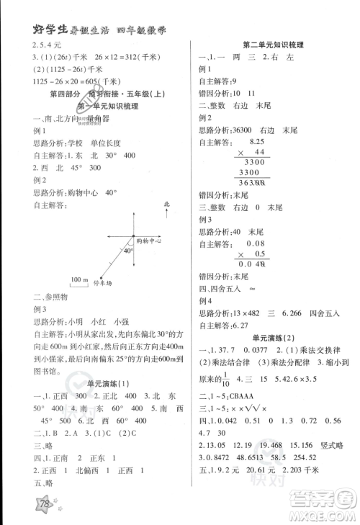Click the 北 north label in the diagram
point(166,205)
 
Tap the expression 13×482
point(247,313)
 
